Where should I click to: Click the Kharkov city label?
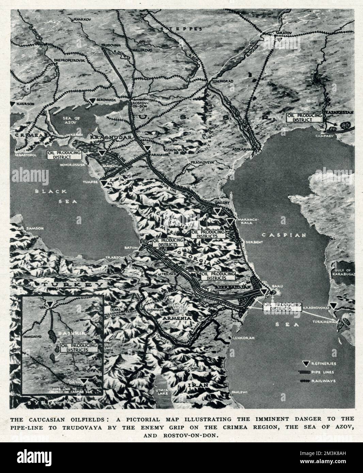click(x=82, y=20)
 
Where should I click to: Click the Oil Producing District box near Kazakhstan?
click(x=305, y=118)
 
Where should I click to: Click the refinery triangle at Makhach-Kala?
click(x=231, y=221)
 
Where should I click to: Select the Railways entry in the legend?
click(x=318, y=381)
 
